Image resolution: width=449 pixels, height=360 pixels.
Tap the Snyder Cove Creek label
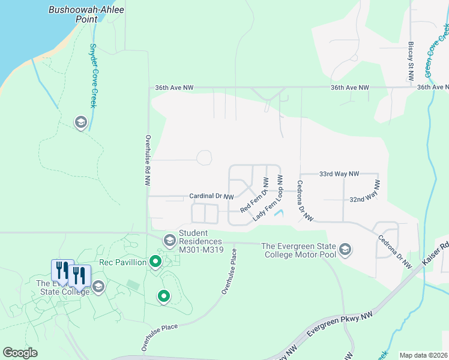pos(93,75)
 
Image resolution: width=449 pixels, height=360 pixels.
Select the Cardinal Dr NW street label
pos(211,196)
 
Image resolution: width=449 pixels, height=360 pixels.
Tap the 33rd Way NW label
pos(339,173)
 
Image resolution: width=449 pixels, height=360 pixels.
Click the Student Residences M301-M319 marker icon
pos(170,241)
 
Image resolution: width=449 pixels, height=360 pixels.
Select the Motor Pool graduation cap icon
pos(345,249)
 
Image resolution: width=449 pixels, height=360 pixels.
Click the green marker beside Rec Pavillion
pos(155,262)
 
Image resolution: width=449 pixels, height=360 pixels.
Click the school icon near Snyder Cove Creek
pos(80,123)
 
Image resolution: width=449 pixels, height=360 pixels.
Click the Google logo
pos(20,353)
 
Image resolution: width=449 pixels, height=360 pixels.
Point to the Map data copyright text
pos(423,355)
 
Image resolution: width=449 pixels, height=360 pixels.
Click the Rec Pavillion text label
pos(123,262)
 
